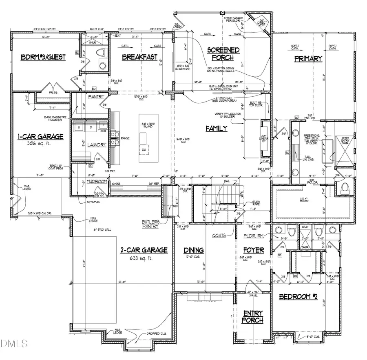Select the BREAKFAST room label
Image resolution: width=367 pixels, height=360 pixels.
[140, 58]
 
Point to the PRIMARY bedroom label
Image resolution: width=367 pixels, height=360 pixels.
[308, 58]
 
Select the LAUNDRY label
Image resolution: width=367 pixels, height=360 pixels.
[97, 144]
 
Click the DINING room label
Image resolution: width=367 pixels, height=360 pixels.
[194, 250]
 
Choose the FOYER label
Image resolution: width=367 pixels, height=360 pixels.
[254, 250]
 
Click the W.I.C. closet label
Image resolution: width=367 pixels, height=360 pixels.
[311, 200]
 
